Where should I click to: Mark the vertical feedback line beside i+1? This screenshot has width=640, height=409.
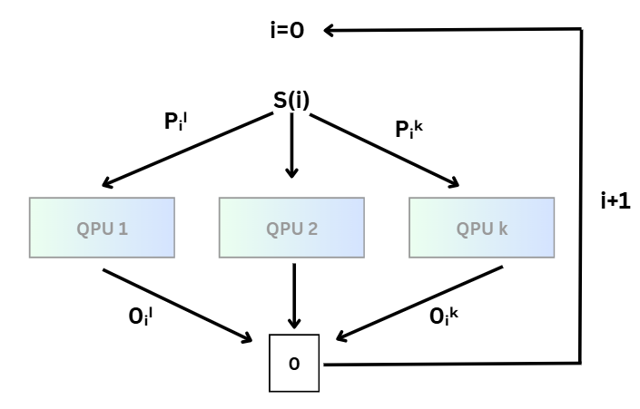580,136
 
